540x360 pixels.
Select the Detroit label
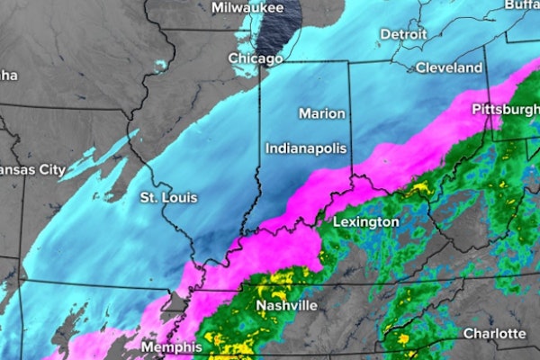(x=403, y=34)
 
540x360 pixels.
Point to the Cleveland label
(x=449, y=67)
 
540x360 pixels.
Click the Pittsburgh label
(x=505, y=109)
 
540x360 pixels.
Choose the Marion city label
(x=321, y=113)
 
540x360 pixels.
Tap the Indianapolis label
(x=306, y=148)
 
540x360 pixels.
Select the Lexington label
(x=365, y=221)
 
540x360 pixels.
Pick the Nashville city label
(x=286, y=306)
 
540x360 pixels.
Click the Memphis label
(x=171, y=346)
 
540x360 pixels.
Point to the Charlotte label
(x=494, y=334)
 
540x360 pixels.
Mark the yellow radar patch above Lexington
(x=416, y=190)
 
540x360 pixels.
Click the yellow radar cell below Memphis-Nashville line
(x=219, y=341)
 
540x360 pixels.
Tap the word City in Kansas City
(x=51, y=169)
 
